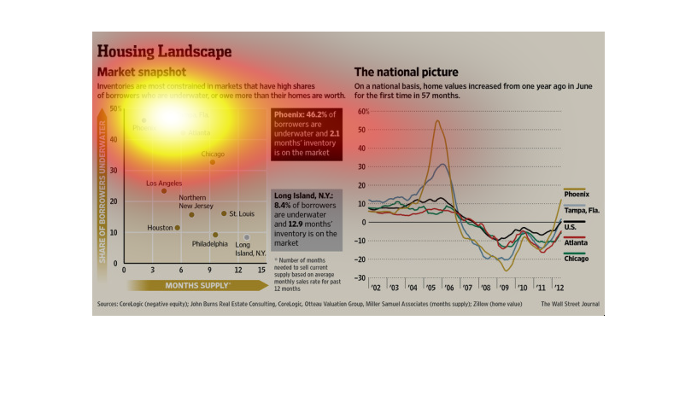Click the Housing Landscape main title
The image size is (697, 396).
tap(164, 52)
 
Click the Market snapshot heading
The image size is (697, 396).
tap(142, 73)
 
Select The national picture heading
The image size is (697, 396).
tap(407, 73)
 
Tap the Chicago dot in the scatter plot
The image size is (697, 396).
tap(213, 162)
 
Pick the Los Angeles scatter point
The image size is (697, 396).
tap(164, 190)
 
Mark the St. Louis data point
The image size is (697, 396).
tap(224, 213)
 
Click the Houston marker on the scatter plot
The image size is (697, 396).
tap(178, 228)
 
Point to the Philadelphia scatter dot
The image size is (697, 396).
tap(215, 235)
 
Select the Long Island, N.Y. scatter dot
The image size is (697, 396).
tap(247, 237)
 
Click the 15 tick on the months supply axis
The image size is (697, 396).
tap(261, 270)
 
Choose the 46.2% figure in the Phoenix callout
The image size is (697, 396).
tap(319, 114)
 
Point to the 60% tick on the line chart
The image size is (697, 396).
tap(363, 112)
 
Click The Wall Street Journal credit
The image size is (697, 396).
tap(570, 303)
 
